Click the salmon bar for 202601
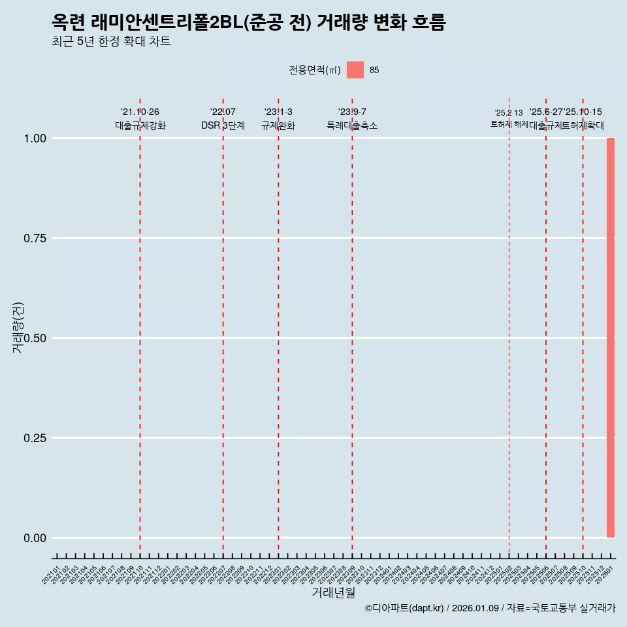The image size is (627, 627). point(611,338)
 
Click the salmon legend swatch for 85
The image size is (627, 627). point(355,70)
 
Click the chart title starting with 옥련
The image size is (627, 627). point(248,23)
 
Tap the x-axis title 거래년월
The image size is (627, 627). point(334,592)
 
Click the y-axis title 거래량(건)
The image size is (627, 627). point(18,327)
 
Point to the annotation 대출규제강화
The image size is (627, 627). point(140,125)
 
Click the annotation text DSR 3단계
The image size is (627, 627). point(223,125)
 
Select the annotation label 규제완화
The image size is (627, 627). point(278,125)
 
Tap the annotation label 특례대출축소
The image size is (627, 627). point(352,125)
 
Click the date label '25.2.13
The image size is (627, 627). point(509,113)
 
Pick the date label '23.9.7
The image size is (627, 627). point(352,112)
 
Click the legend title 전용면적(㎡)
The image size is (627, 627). point(314,70)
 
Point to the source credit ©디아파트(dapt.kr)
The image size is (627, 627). point(404,609)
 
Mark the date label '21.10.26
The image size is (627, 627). point(140,112)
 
